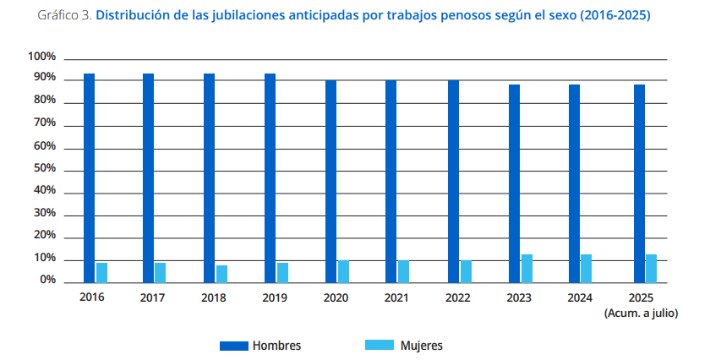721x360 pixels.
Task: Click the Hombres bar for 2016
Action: click(89, 177)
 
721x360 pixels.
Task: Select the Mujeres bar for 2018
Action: click(222, 273)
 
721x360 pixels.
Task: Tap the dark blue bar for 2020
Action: click(331, 181)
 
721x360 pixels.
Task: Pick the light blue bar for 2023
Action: click(527, 268)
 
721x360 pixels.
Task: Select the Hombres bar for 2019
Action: click(270, 177)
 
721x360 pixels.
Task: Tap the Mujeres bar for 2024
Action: click(587, 268)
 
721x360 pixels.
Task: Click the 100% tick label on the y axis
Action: click(41, 57)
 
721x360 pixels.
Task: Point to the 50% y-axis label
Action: click(45, 168)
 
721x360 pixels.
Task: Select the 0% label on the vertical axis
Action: click(47, 280)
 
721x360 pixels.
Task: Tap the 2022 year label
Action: click(459, 298)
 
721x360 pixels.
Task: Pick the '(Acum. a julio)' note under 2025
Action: click(641, 313)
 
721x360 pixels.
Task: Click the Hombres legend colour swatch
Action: click(233, 346)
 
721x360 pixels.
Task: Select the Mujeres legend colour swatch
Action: click(379, 346)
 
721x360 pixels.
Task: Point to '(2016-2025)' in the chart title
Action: click(616, 16)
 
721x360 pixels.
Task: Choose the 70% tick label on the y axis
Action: click(45, 123)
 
